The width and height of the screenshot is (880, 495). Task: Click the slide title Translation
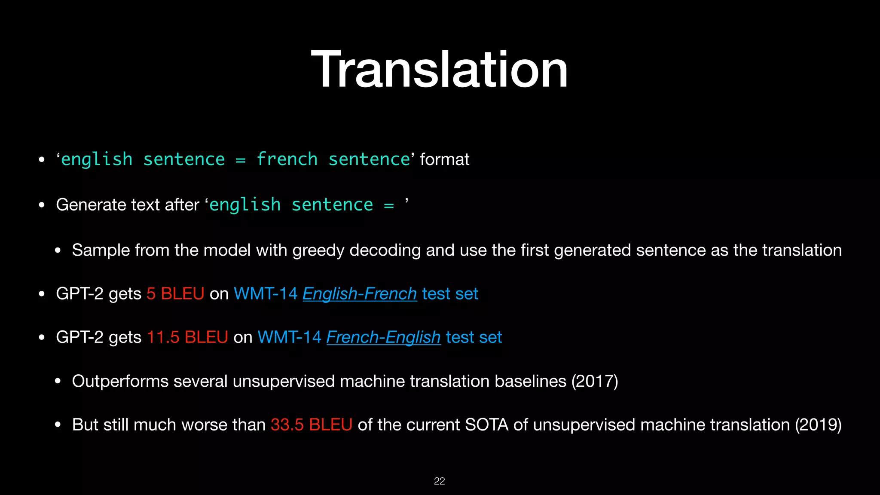[439, 70]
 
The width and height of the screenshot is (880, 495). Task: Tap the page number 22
[439, 481]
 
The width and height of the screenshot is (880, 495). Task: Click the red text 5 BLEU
[175, 294]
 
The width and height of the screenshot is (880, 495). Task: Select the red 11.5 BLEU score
[187, 337]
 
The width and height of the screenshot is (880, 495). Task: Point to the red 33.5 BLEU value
[312, 425]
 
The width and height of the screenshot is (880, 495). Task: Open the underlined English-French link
[360, 294]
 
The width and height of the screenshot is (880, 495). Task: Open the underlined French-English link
[383, 337]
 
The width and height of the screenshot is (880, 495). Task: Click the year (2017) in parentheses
[594, 381]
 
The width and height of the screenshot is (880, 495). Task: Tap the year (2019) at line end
[818, 425]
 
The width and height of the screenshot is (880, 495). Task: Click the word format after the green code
[444, 160]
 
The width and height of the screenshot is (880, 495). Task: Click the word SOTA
[486, 425]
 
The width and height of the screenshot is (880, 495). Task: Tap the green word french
[287, 160]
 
